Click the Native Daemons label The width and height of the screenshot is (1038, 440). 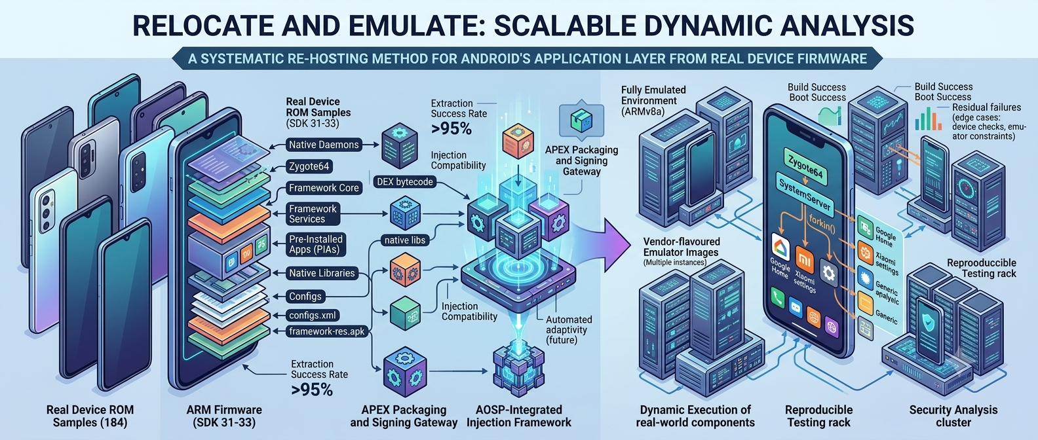324,145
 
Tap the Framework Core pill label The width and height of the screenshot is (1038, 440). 324,187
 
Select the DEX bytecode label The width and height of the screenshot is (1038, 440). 405,181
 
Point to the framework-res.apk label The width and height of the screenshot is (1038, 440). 327,331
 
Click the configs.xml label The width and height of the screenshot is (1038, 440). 313,316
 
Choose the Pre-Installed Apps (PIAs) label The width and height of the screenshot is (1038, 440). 316,244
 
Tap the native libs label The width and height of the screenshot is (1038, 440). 405,240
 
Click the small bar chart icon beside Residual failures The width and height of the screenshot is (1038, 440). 928,119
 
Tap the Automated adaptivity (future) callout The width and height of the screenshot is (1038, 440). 569,330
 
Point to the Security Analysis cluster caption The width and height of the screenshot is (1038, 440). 953,416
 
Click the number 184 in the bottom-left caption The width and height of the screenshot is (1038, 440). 119,422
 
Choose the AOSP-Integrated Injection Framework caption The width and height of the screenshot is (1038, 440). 518,416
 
